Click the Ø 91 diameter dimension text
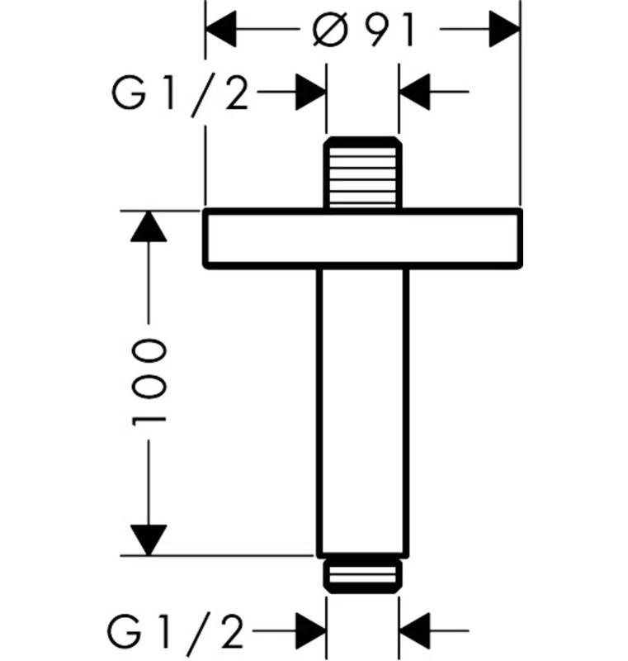pyautogui.click(x=363, y=31)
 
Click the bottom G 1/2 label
pyautogui.click(x=177, y=633)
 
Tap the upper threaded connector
pyautogui.click(x=363, y=172)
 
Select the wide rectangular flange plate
pyautogui.click(x=363, y=239)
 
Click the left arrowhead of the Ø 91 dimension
pyautogui.click(x=221, y=32)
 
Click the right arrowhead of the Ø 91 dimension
pyautogui.click(x=505, y=32)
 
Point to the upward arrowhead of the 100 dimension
pyautogui.click(x=149, y=226)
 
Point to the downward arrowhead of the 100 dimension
pyautogui.click(x=149, y=540)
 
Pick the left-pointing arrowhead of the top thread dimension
pyautogui.click(x=416, y=92)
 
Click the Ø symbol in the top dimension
pyautogui.click(x=331, y=31)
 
